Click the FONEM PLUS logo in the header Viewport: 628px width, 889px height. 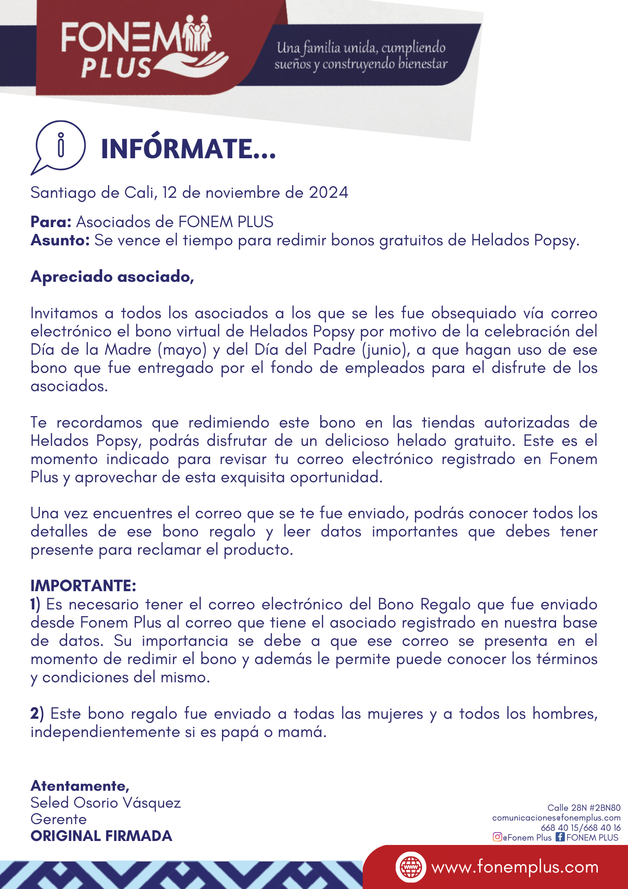pos(144,47)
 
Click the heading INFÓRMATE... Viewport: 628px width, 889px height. pos(188,149)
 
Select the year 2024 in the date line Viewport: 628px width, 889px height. pos(329,192)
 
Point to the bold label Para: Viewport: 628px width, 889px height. pos(51,222)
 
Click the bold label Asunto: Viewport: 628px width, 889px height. pos(60,240)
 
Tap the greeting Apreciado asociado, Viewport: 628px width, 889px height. pos(112,276)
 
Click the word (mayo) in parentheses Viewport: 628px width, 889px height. pos(182,350)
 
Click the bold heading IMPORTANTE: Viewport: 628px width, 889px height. pos(83,585)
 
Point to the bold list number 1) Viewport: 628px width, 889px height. pos(36,604)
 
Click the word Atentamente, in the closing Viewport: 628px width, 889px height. pos(80,786)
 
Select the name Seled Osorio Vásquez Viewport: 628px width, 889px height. pos(106,803)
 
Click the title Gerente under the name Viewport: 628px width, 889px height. pos(59,819)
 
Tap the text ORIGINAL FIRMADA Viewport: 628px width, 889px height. pos(101,836)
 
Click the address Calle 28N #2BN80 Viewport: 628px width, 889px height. pos(584,808)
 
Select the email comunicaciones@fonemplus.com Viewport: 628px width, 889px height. pos(556,818)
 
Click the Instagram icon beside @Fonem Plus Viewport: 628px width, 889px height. pos(497,837)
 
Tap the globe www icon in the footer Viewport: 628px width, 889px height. pos(411,867)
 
